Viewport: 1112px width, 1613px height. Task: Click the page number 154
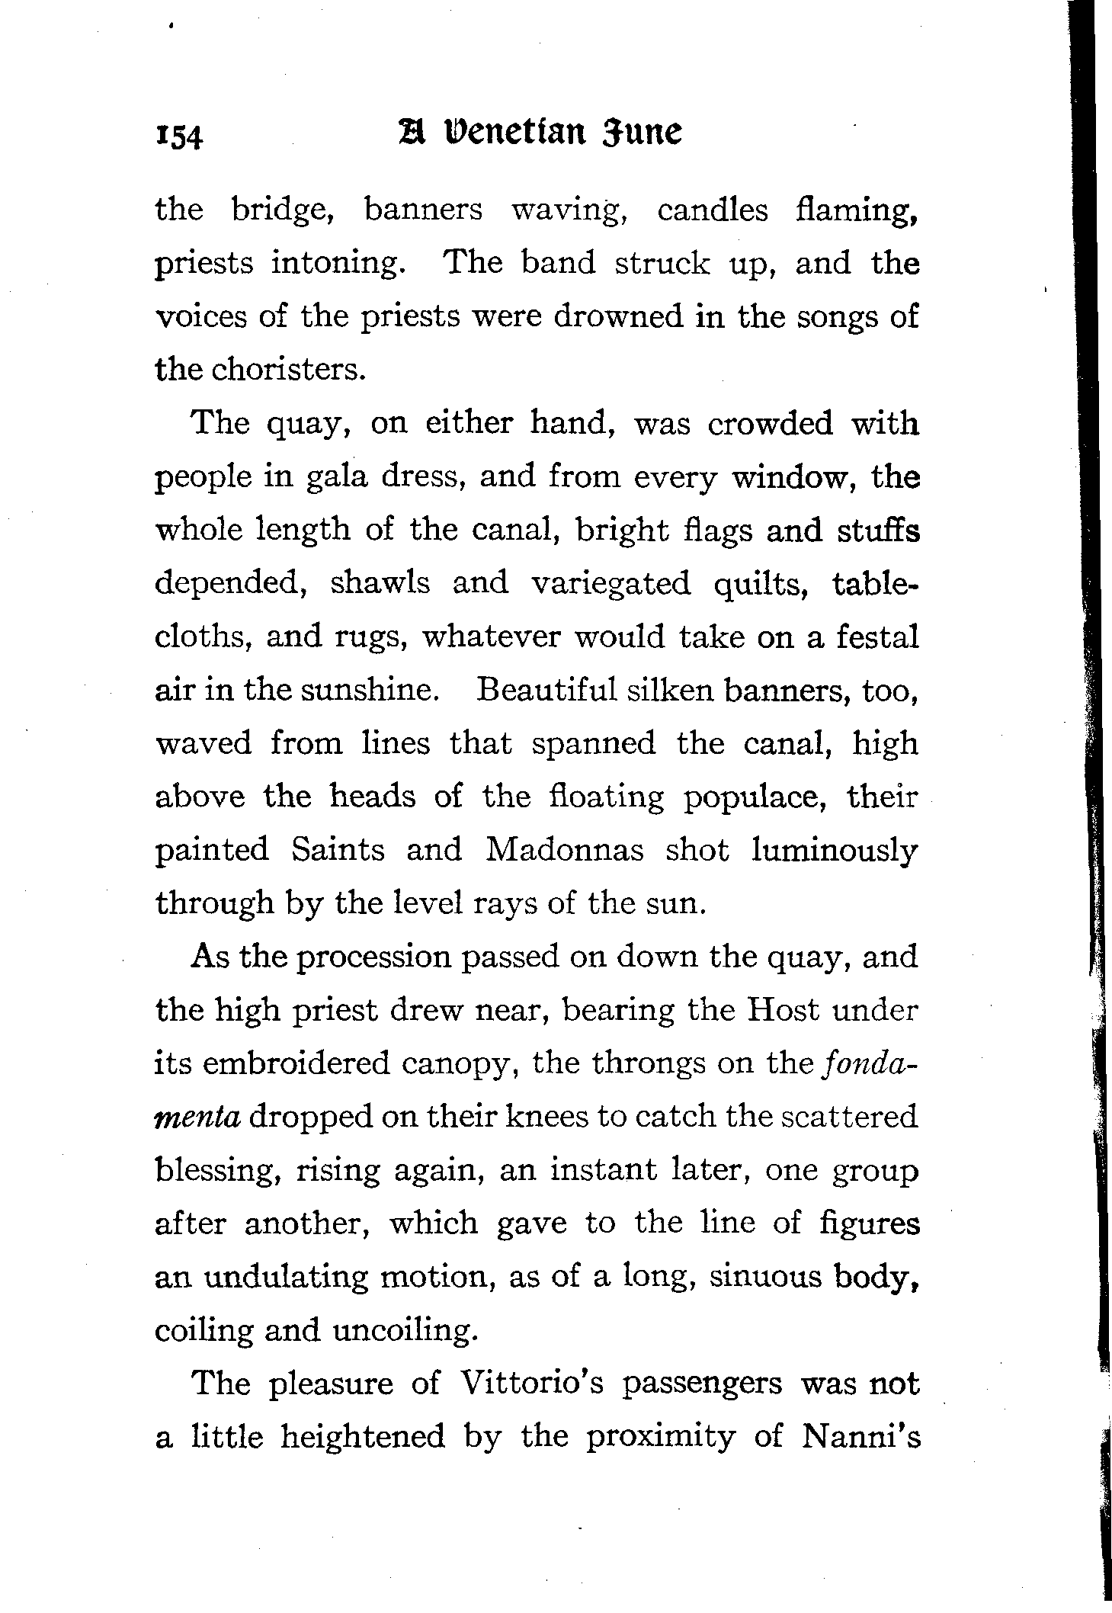tap(179, 138)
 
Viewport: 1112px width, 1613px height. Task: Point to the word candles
tap(713, 210)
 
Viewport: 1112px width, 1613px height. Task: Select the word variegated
tap(610, 585)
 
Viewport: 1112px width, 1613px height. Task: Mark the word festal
tap(876, 637)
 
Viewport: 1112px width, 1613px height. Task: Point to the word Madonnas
tap(564, 850)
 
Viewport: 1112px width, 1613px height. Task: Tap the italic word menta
tap(197, 1118)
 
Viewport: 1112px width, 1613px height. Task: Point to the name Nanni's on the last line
tap(861, 1437)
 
